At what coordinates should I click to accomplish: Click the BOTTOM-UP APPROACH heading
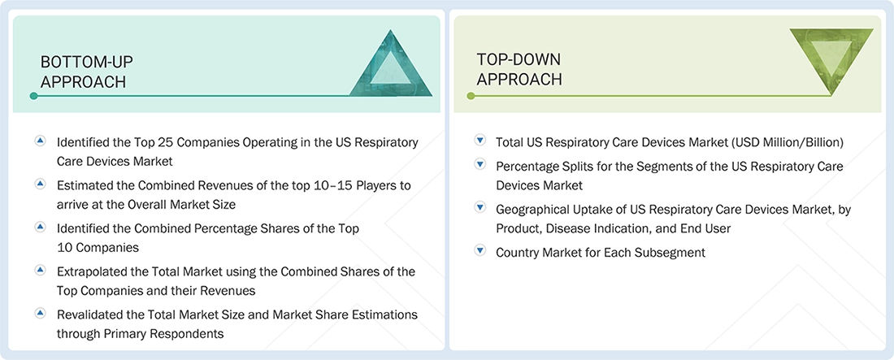(87, 72)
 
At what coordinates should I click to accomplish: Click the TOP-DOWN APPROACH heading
(519, 69)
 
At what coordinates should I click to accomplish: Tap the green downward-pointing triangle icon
(831, 62)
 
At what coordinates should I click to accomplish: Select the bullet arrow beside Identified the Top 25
(40, 141)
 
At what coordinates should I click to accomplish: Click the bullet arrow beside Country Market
(480, 252)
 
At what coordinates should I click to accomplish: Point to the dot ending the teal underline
(33, 96)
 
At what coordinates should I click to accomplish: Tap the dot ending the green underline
(470, 96)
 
